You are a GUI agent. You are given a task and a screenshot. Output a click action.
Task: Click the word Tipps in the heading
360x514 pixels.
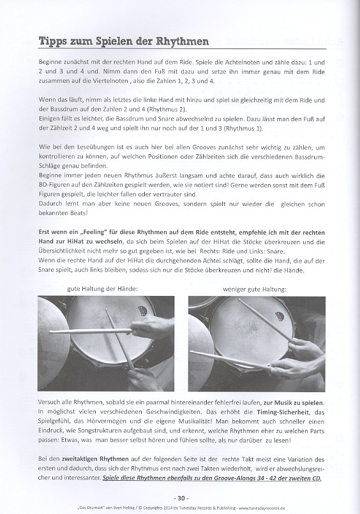coord(54,43)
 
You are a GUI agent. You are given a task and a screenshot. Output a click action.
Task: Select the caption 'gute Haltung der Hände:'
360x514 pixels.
coord(102,289)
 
